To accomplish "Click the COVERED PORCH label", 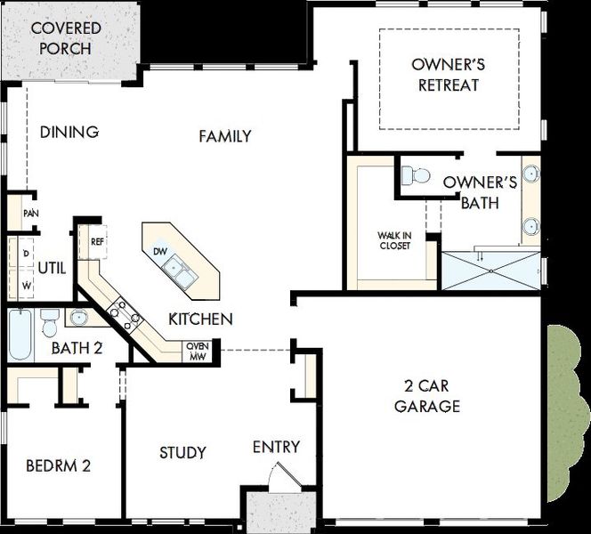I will tap(66, 37).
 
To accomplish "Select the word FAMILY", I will tap(224, 136).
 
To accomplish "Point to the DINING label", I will tap(69, 133).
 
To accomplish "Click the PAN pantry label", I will tap(30, 214).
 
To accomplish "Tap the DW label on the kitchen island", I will tap(160, 252).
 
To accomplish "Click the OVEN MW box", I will tap(196, 352).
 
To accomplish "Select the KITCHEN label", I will tap(201, 319).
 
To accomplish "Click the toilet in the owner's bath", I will tap(416, 175).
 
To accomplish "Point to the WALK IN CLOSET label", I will tap(394, 240).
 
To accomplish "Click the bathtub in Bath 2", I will tap(20, 334).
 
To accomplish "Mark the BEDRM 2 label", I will tap(58, 465).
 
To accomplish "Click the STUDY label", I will tap(182, 452).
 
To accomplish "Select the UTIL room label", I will tap(52, 267).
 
